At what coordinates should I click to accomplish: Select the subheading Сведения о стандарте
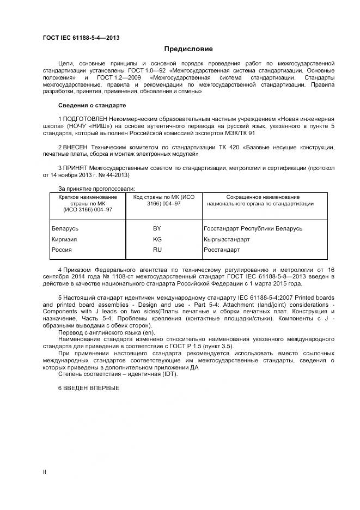point(91,105)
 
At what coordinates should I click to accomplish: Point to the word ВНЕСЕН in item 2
point(75,147)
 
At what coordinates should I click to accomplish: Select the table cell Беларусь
point(65,229)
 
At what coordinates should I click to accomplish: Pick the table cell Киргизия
point(64,239)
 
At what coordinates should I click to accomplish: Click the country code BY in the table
point(157,229)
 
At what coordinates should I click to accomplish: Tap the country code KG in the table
point(157,239)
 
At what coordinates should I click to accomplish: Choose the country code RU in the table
point(157,250)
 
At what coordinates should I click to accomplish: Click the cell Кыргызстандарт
point(226,239)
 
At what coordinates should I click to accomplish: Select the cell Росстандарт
point(221,250)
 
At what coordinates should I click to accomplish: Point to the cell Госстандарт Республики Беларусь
point(252,229)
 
